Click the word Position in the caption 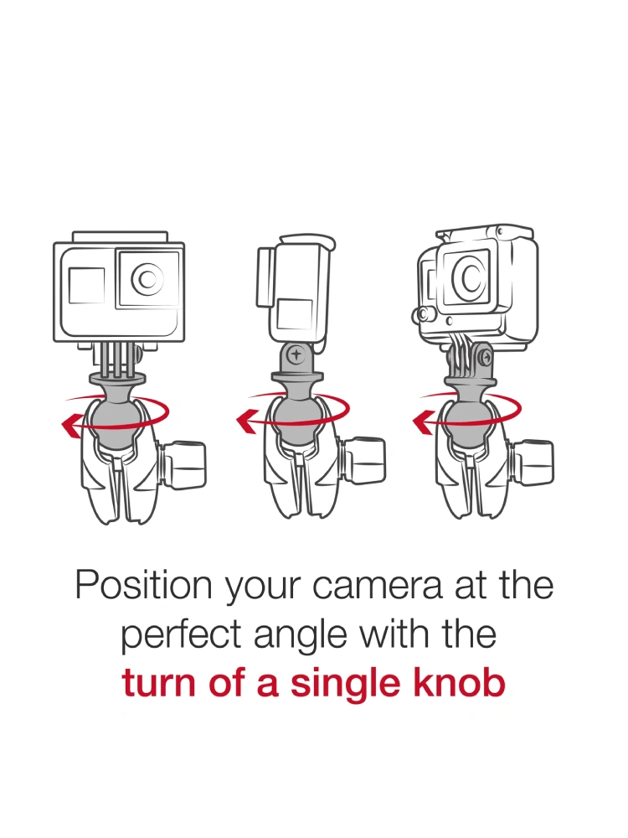point(144,585)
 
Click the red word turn point(158,684)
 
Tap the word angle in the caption point(301,637)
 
